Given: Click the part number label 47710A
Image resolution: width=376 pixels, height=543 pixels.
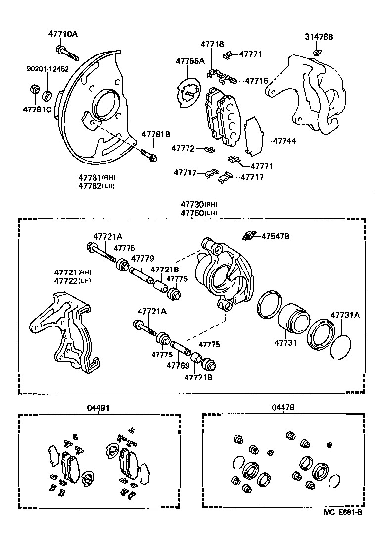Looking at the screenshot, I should click(x=63, y=34).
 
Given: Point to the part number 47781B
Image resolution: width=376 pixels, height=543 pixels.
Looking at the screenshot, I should click(x=156, y=134).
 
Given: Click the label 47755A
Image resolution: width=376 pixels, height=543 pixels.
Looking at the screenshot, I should click(x=190, y=61).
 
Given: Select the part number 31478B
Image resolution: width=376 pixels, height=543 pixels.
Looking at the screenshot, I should click(x=319, y=37).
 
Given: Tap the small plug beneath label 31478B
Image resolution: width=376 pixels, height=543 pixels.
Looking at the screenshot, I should click(x=316, y=52).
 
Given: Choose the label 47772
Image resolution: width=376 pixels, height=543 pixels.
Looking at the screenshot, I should click(x=184, y=148).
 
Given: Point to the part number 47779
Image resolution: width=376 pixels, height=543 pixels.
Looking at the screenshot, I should click(x=142, y=258).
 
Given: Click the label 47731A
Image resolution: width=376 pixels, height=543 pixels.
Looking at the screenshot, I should click(x=345, y=315).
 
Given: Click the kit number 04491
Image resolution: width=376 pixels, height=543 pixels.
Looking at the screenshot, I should click(x=98, y=407).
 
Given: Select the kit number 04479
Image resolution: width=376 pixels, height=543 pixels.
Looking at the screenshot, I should click(x=283, y=407).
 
